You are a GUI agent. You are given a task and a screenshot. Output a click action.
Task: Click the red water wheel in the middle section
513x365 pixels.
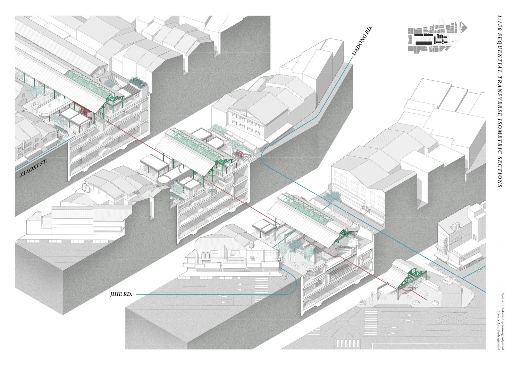click(239, 153)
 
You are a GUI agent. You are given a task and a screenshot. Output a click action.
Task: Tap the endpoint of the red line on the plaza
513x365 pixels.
click(428, 300)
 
